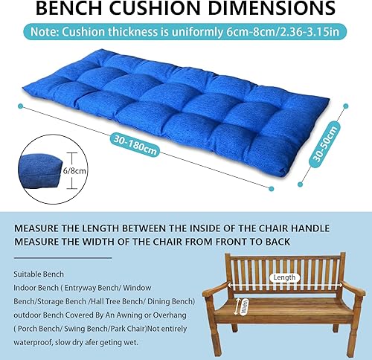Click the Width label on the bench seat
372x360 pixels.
point(245,306)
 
